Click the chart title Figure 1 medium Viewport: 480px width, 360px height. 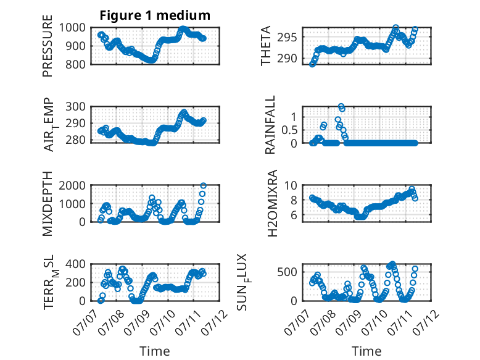pyautogui.click(x=155, y=15)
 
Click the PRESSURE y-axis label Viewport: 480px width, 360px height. pyautogui.click(x=48, y=46)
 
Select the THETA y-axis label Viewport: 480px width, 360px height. pyautogui.click(x=266, y=46)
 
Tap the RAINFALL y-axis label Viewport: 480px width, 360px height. pyautogui.click(x=270, y=125)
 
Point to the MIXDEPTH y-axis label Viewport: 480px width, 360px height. pyautogui.click(x=48, y=203)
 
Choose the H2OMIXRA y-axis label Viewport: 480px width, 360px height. pyautogui.click(x=272, y=203)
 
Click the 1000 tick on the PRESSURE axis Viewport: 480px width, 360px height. pyautogui.click(x=72, y=28)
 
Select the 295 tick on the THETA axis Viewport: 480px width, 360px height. pyautogui.click(x=287, y=38)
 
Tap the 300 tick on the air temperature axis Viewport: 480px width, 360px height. pyautogui.click(x=76, y=107)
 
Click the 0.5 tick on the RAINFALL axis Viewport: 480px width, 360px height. pyautogui.click(x=289, y=130)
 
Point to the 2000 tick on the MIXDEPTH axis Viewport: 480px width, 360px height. pyautogui.click(x=72, y=185)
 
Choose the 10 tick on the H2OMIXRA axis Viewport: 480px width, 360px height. pyautogui.click(x=291, y=185)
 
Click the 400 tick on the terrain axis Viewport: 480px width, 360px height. pyautogui.click(x=76, y=264)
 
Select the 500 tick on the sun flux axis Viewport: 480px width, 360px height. pyautogui.click(x=287, y=272)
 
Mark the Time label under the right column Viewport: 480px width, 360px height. pyautogui.click(x=366, y=351)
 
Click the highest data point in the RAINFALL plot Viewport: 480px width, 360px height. pyautogui.click(x=341, y=106)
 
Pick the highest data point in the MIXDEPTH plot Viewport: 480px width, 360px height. pyautogui.click(x=203, y=185)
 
